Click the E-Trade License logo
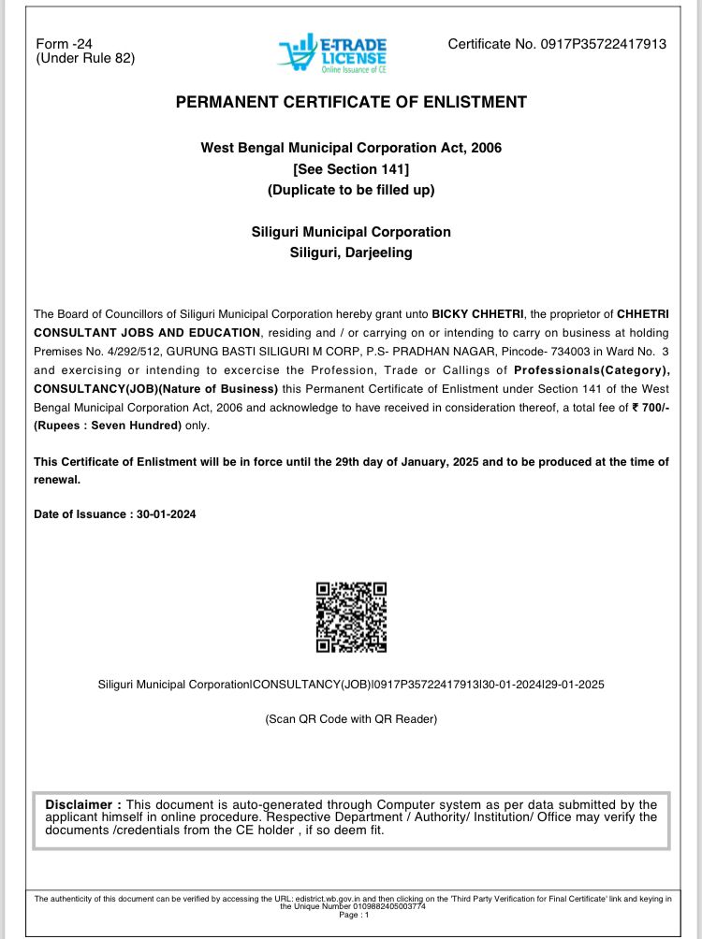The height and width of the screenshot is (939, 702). [x=332, y=53]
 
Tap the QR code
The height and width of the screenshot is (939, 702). [x=351, y=616]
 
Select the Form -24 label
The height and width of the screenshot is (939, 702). [x=64, y=44]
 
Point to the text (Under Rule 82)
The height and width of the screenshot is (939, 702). [x=85, y=58]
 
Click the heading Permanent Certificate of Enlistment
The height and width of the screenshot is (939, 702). [x=351, y=102]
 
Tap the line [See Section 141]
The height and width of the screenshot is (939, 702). [x=351, y=168]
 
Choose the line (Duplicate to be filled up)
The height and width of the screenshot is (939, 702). [x=351, y=189]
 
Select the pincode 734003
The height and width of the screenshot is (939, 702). [x=577, y=351]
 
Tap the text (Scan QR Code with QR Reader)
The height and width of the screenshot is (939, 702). [x=351, y=719]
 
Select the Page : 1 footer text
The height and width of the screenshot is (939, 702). [x=351, y=915]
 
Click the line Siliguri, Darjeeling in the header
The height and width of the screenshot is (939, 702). [x=351, y=253]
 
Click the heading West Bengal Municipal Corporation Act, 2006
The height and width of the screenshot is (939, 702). [x=351, y=148]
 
